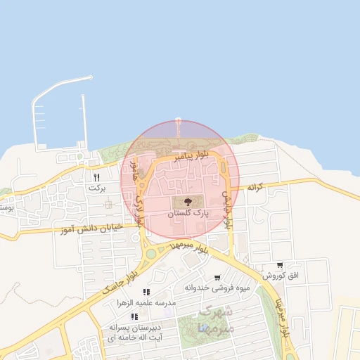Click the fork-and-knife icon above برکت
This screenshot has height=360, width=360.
click(x=97, y=178)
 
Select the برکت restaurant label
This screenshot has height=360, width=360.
click(x=97, y=188)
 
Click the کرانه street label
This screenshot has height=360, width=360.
click(x=255, y=187)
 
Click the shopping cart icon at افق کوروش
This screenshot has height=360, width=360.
click(x=280, y=265)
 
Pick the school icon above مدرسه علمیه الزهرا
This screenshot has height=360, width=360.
click(x=146, y=292)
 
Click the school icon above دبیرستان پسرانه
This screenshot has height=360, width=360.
click(x=134, y=317)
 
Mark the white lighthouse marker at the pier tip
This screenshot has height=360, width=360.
click(x=178, y=120)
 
